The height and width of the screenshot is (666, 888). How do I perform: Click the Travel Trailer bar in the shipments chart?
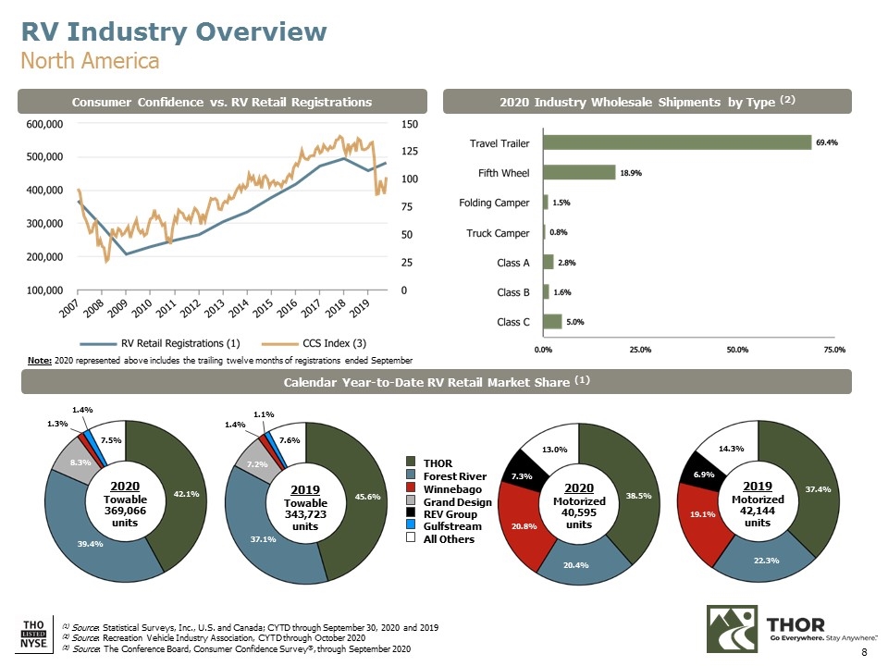pos(677,142)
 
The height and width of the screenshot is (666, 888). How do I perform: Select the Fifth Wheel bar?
pos(579,172)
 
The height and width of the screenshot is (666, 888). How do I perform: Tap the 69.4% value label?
pos(826,142)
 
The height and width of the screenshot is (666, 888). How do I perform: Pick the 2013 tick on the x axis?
pos(220,308)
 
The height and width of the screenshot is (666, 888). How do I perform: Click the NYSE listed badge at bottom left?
pos(31,632)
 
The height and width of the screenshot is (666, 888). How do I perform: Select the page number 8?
pos(864,653)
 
